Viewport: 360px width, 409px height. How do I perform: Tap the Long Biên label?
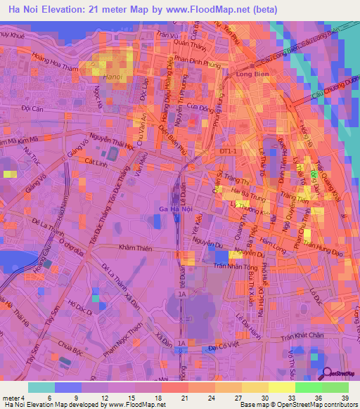[253, 74]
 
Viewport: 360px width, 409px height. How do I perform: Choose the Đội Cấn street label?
[33, 109]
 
